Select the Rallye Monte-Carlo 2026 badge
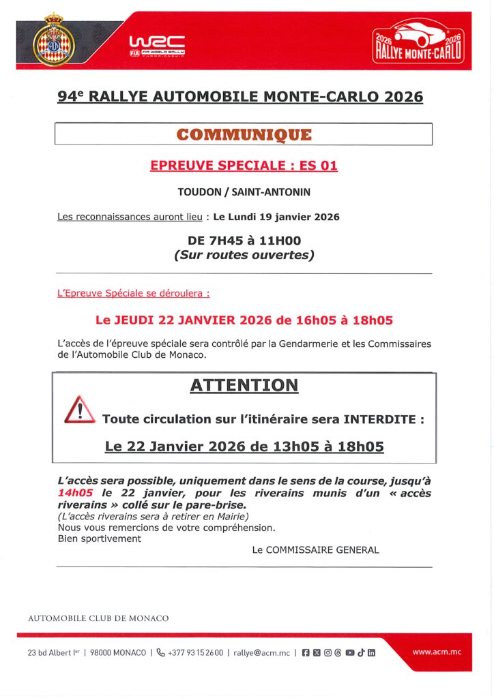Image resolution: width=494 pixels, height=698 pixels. pos(418,42)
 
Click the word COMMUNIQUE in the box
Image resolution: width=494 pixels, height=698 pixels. pos(244,134)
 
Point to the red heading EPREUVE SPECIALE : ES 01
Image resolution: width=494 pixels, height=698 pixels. pos(244,165)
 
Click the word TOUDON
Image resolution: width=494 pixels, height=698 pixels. pos(199,192)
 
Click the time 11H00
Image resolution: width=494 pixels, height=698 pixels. pos(279,241)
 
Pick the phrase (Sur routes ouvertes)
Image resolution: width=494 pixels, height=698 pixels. pos(244,256)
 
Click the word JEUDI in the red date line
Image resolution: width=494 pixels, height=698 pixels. pos(133,320)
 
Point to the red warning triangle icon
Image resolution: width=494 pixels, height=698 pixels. pos(79,410)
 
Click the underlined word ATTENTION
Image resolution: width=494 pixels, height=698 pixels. pos(244,385)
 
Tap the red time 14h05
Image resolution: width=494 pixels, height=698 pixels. pos(75,493)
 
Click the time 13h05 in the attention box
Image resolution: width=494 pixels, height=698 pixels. pos(277,447)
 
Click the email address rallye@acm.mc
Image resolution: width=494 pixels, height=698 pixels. pos(261,652)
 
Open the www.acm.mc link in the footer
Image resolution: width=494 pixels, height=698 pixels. pos(437,652)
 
